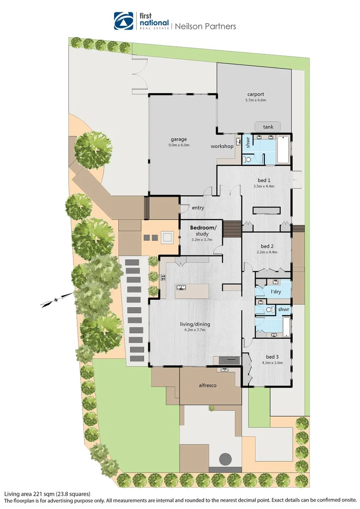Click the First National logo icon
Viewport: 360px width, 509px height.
(123, 21)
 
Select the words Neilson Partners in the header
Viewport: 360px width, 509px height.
(205, 26)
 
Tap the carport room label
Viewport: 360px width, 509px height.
(256, 93)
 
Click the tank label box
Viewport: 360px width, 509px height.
(268, 126)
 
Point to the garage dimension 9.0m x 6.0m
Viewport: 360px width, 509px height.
(179, 145)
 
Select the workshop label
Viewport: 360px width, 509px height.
(222, 146)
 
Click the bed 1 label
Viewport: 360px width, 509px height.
(264, 180)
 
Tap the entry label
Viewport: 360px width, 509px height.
(197, 208)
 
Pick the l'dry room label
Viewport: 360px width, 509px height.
(276, 293)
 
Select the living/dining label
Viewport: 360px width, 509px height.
(195, 324)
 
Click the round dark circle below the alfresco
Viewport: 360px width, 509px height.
(226, 459)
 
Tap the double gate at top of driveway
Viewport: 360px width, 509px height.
(140, 74)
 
